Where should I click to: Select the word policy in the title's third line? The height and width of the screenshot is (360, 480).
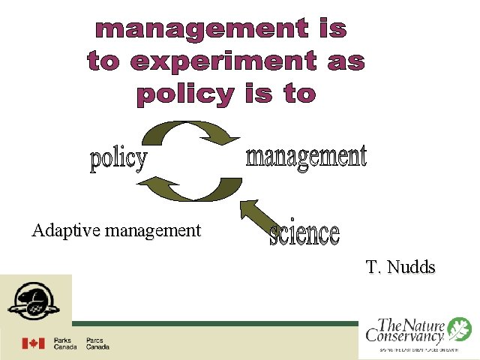pyautogui.click(x=184, y=94)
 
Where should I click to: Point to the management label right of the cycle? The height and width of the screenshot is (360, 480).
pyautogui.click(x=306, y=157)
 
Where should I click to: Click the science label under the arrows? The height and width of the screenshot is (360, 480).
pyautogui.click(x=304, y=234)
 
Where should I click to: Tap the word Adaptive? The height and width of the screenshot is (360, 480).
pyautogui.click(x=67, y=230)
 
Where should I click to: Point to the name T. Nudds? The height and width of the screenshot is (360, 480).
pyautogui.click(x=400, y=267)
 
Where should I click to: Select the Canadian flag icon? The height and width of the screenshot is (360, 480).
pyautogui.click(x=33, y=343)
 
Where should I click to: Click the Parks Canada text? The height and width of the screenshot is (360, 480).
pyautogui.click(x=64, y=343)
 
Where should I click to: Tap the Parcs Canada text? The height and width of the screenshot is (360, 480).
pyautogui.click(x=97, y=343)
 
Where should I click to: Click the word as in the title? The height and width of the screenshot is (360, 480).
pyautogui.click(x=346, y=62)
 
